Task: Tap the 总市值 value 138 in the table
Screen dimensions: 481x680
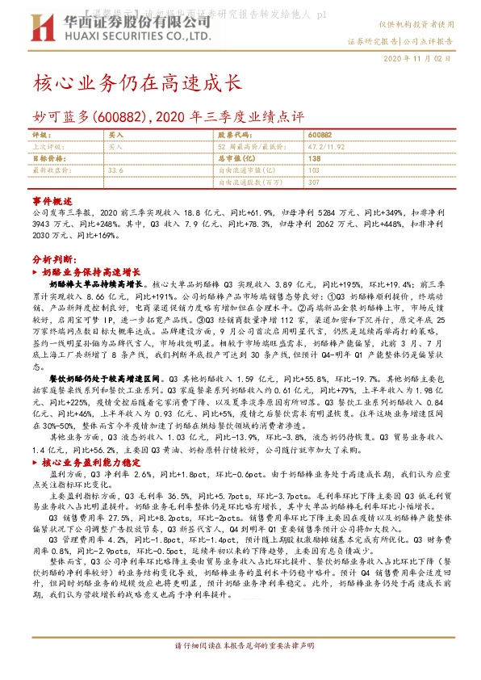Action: click(x=315, y=159)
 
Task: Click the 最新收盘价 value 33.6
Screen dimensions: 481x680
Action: click(x=115, y=170)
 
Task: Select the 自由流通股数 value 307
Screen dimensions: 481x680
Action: click(x=314, y=183)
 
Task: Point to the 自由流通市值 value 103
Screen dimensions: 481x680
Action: click(x=314, y=170)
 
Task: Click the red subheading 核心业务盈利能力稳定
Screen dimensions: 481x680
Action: click(x=82, y=462)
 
